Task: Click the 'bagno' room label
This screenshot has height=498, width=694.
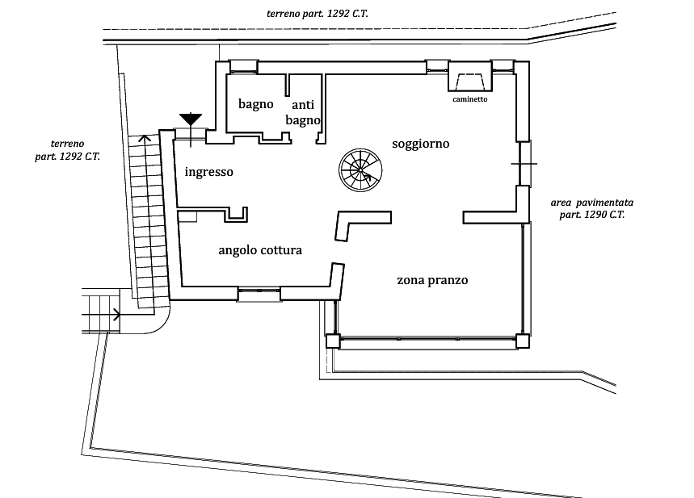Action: [x=256, y=104]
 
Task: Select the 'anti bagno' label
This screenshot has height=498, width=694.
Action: [x=304, y=112]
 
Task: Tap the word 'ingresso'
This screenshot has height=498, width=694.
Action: [x=209, y=172]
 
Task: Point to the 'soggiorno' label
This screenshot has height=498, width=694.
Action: [x=420, y=144]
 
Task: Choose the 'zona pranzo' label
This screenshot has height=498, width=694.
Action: [x=434, y=282]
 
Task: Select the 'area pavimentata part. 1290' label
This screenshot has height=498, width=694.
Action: [x=589, y=209]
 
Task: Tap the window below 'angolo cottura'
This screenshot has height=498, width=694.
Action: [x=259, y=292]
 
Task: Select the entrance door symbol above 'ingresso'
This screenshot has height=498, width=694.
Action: [x=191, y=129]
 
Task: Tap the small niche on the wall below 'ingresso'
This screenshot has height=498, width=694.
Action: [x=237, y=214]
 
